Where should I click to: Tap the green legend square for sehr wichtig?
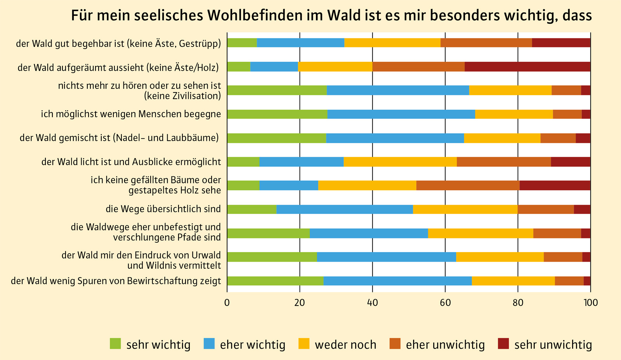pyautogui.click(x=115, y=344)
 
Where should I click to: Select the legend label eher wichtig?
pyautogui.click(x=253, y=344)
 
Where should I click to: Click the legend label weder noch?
pyautogui.click(x=345, y=344)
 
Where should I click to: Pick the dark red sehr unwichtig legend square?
pyautogui.click(x=503, y=344)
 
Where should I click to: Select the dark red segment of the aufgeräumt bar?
pyautogui.click(x=527, y=67)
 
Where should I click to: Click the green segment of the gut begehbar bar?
pyautogui.click(x=242, y=43)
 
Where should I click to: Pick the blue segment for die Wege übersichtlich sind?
pyautogui.click(x=344, y=209)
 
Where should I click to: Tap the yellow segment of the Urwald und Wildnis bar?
pyautogui.click(x=500, y=257)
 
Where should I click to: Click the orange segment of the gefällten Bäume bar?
pyautogui.click(x=468, y=186)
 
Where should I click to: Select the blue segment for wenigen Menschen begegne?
pyautogui.click(x=401, y=114)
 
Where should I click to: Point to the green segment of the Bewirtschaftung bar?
pyautogui.click(x=275, y=281)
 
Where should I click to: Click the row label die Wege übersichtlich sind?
pyautogui.click(x=163, y=209)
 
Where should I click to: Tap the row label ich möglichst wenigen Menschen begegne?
pyautogui.click(x=131, y=114)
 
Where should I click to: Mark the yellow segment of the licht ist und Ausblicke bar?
pyautogui.click(x=400, y=162)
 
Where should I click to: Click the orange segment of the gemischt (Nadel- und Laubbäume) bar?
pyautogui.click(x=558, y=138)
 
